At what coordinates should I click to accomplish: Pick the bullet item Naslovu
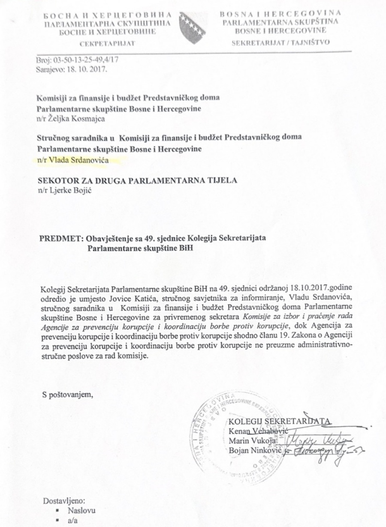click(81, 511)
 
